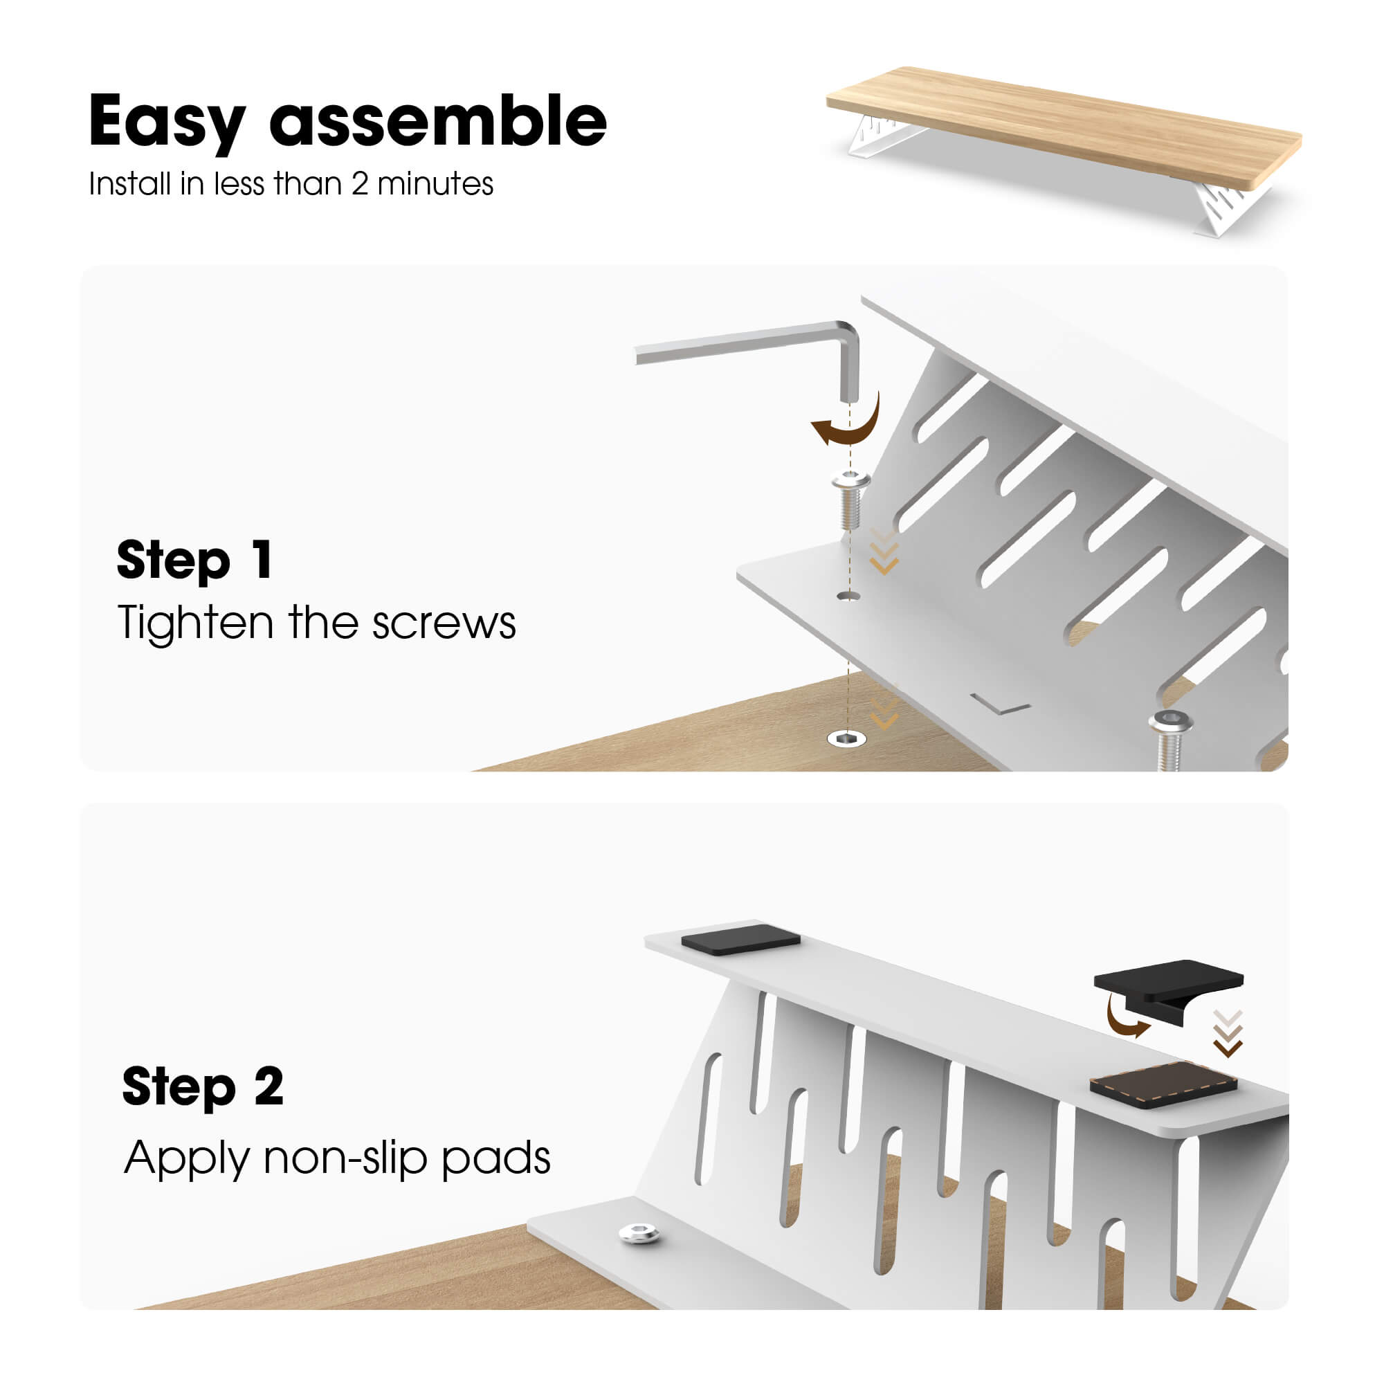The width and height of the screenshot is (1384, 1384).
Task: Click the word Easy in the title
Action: point(167,122)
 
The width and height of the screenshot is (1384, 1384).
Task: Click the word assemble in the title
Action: point(439,120)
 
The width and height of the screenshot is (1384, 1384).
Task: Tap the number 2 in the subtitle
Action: point(360,184)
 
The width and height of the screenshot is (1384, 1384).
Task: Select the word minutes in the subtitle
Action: point(435,184)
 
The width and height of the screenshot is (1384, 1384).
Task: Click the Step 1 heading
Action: point(195,561)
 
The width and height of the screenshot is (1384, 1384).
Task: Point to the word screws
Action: point(444,624)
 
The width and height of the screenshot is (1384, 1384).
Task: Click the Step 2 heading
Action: point(203,1086)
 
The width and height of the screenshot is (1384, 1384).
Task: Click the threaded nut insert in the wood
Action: point(847,738)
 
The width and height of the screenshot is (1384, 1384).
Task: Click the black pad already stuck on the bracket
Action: point(740,939)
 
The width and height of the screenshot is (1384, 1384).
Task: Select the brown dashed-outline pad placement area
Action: point(1163,1084)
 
